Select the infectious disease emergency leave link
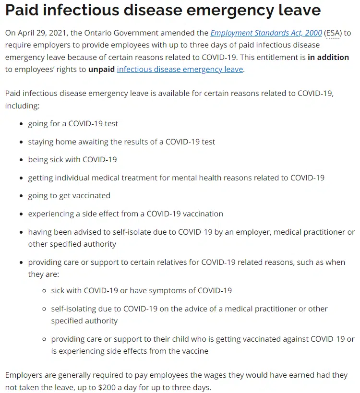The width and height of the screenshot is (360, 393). click(x=180, y=69)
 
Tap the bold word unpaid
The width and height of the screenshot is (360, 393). click(x=101, y=69)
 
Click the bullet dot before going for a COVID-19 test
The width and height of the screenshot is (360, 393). click(x=21, y=124)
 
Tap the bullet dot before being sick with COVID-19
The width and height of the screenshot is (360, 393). click(x=21, y=160)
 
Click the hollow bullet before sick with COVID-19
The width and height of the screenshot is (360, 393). click(x=44, y=291)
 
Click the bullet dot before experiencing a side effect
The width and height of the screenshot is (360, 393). click(x=21, y=214)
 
